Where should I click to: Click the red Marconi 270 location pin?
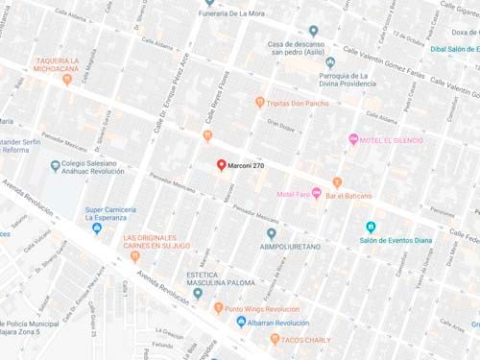pos(221,165)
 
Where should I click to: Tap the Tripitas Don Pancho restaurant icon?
pos(259,102)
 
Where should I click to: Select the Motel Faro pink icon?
pos(316,194)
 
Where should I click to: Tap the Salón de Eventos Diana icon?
pos(371,228)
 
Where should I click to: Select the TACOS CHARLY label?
pos(305,339)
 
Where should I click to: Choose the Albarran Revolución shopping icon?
pos(241,323)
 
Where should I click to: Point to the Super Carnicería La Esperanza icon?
pos(97,228)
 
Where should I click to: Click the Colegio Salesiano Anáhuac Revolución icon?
pos(55,165)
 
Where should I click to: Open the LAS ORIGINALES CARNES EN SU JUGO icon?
pos(134,256)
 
